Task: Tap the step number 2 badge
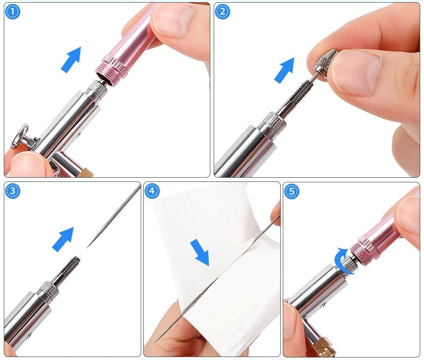(222, 11)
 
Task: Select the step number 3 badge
(13, 191)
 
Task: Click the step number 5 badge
(291, 191)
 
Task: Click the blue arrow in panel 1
(71, 59)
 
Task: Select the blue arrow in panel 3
(63, 239)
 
